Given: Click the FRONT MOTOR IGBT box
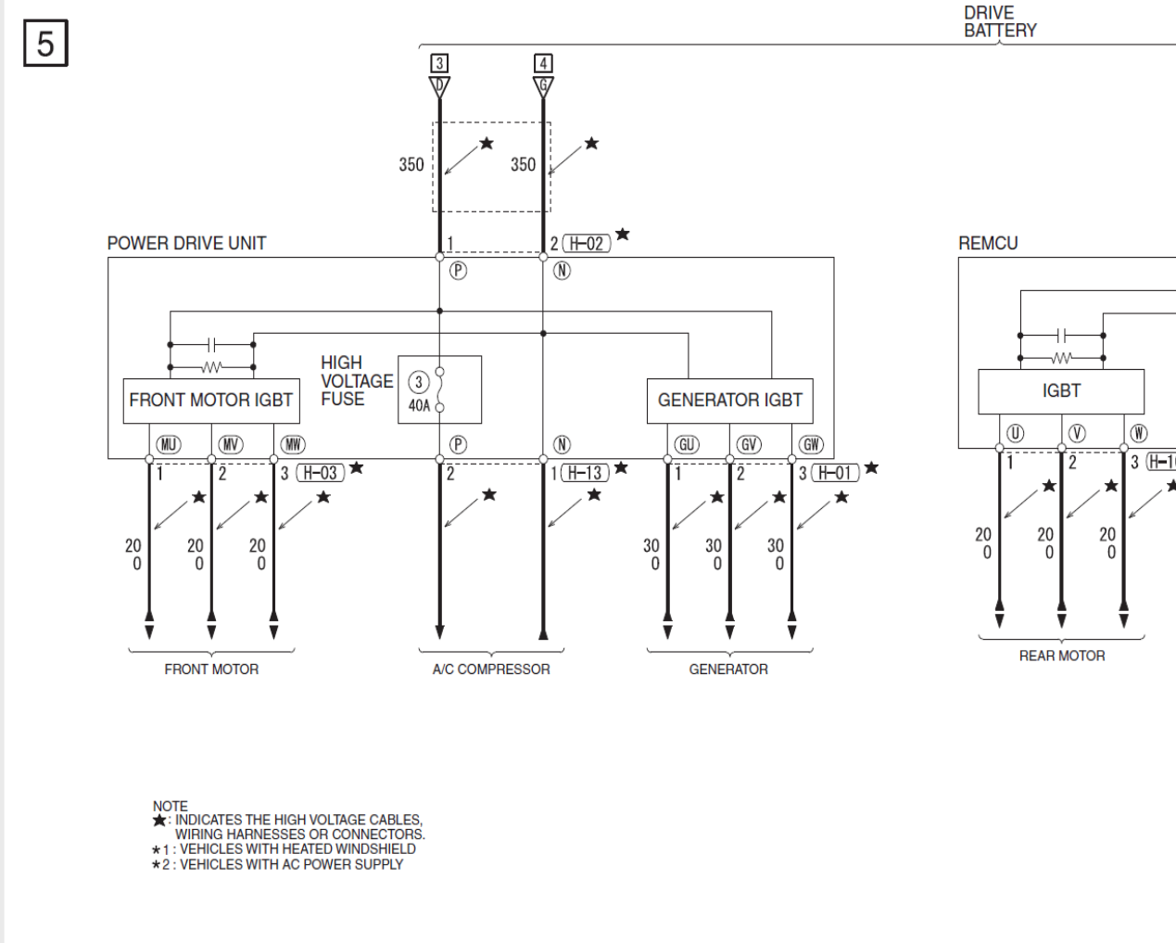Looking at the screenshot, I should (x=211, y=401).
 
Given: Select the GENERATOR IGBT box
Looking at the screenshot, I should (x=729, y=401).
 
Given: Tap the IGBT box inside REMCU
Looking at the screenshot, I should (x=1061, y=391).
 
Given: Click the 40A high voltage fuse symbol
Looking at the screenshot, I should (x=439, y=389).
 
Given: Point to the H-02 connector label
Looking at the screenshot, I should (x=587, y=244).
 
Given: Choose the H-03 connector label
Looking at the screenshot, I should (x=320, y=473).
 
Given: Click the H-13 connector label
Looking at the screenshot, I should (x=586, y=473).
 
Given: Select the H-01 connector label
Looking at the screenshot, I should (x=835, y=473).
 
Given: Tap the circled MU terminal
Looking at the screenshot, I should (x=169, y=445).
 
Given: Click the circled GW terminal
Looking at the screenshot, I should (x=811, y=445).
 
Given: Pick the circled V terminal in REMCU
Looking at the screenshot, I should (x=1077, y=433).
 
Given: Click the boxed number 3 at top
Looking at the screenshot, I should (x=439, y=63).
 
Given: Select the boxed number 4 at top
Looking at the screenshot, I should (x=543, y=63).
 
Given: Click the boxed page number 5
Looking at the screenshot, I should (x=45, y=44).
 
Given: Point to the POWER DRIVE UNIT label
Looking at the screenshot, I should (x=186, y=243).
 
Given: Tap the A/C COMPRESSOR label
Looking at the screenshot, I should (x=491, y=669).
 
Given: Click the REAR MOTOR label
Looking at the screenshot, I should (x=1062, y=656).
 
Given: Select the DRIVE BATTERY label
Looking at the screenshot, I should (x=1000, y=21).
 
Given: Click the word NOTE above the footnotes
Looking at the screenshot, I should (x=171, y=806).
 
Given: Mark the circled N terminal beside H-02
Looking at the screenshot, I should (x=562, y=271).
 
